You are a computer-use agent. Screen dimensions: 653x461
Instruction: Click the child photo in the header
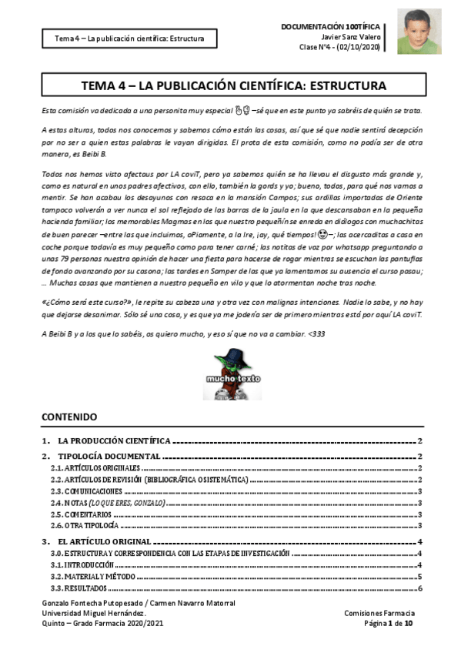tap(419, 32)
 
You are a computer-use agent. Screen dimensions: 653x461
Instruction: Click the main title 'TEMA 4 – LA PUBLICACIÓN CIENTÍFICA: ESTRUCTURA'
tap(234, 85)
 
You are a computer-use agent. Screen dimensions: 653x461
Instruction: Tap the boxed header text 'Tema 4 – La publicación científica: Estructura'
tap(129, 37)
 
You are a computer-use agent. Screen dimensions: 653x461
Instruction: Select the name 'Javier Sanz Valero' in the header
tap(355, 36)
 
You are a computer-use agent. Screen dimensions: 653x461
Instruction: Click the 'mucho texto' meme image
tap(233, 377)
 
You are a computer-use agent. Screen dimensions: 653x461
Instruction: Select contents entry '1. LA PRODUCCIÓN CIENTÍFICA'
tap(115, 441)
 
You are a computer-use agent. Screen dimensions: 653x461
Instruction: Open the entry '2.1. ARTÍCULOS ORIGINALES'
tap(95, 468)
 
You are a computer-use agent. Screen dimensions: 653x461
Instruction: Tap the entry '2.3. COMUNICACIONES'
tap(86, 491)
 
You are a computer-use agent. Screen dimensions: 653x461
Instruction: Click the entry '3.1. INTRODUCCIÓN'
tap(82, 564)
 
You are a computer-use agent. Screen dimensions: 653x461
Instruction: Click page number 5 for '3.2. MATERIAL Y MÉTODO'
tap(420, 576)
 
